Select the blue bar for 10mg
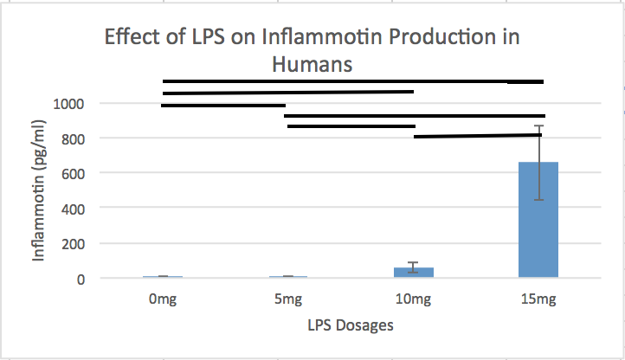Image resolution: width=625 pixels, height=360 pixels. click(x=413, y=272)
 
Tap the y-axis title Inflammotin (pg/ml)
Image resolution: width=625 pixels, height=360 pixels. click(x=39, y=191)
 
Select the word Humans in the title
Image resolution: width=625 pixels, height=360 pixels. click(x=313, y=64)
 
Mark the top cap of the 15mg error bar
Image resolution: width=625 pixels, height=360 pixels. click(x=538, y=126)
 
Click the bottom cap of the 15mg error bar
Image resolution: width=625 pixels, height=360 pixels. click(x=538, y=200)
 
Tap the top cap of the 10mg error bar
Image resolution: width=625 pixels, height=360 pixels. click(x=413, y=262)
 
